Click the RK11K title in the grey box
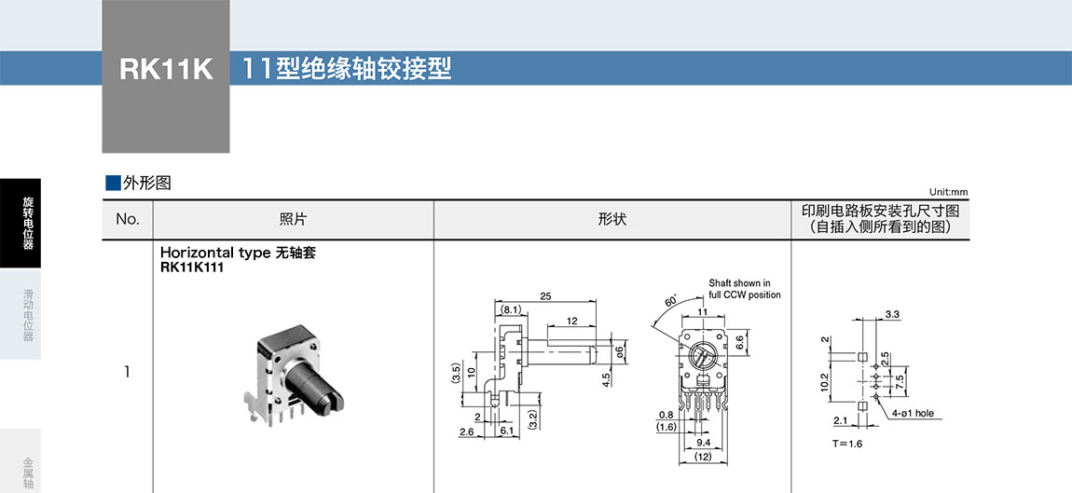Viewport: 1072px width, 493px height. (x=166, y=70)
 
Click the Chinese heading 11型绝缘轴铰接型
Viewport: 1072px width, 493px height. (x=347, y=69)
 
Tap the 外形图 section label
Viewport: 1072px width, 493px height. (x=146, y=183)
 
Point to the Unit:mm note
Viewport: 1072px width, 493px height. (x=948, y=191)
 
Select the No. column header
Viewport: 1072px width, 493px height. (x=127, y=220)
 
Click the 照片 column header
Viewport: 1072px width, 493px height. (x=293, y=220)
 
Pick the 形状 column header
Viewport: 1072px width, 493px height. (x=612, y=220)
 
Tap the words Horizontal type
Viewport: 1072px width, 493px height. (x=215, y=253)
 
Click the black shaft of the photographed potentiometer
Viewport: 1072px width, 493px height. (x=311, y=383)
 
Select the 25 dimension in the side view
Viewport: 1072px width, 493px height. (x=544, y=296)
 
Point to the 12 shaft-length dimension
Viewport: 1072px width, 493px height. (x=570, y=321)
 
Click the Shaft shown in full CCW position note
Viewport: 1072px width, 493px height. (x=744, y=289)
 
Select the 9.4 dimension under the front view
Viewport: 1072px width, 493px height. (x=705, y=443)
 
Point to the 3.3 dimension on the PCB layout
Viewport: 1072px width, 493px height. (x=891, y=314)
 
